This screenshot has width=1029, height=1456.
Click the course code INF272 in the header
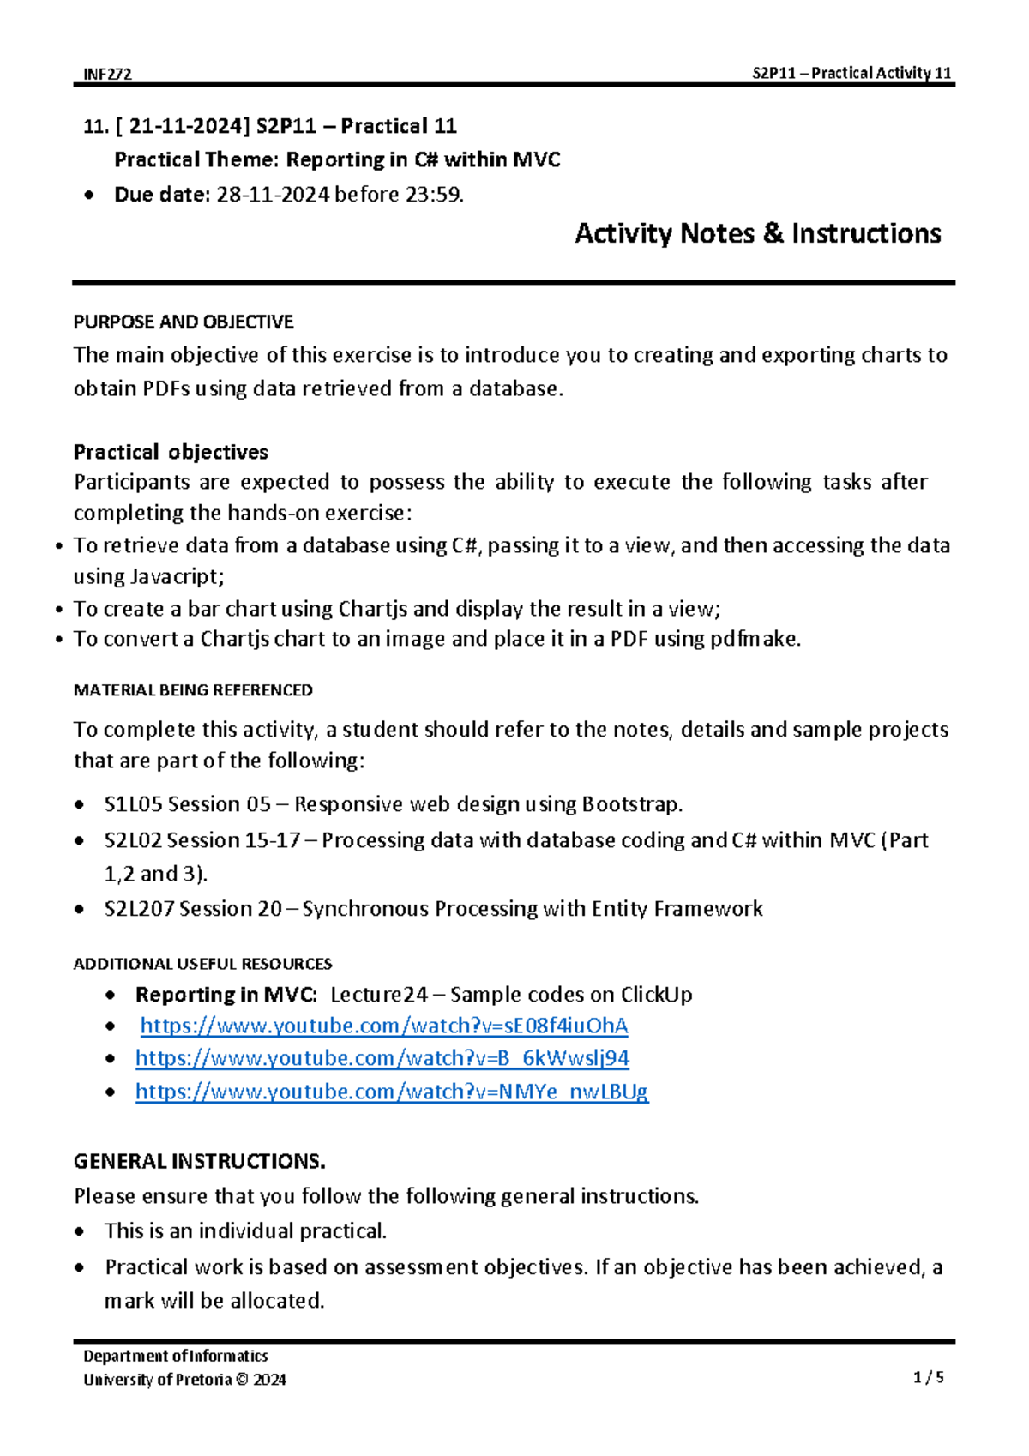tap(107, 74)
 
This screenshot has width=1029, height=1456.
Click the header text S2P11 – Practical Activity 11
tap(851, 73)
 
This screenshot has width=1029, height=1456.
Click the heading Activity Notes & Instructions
tap(757, 233)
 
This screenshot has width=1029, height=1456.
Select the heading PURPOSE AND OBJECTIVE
tap(184, 322)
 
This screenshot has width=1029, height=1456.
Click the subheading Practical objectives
tap(171, 452)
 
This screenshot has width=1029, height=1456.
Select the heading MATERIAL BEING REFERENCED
tap(193, 690)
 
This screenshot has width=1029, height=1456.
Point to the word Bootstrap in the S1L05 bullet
tap(631, 804)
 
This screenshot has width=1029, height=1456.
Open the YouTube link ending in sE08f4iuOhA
tap(383, 1026)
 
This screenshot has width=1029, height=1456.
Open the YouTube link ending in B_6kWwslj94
tap(382, 1058)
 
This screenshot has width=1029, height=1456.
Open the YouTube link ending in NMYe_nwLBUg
tap(391, 1092)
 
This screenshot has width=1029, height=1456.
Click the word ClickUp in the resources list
tap(656, 995)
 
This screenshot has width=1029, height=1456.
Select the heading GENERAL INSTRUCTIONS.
tap(199, 1162)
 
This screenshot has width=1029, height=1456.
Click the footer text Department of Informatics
tap(176, 1356)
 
